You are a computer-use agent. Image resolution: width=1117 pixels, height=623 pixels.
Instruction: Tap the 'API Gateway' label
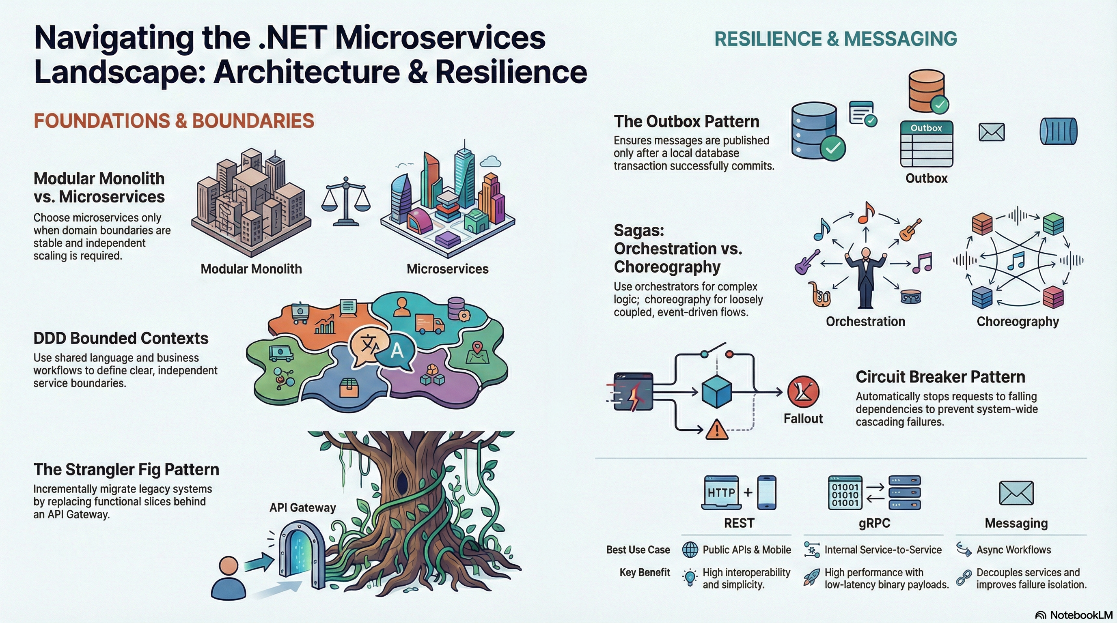[303, 507]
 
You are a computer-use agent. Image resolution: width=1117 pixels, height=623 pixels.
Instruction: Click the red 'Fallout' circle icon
[803, 392]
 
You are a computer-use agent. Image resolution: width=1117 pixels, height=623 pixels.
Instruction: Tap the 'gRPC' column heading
[874, 523]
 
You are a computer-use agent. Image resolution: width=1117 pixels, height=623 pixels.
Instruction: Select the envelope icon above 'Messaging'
[1016, 493]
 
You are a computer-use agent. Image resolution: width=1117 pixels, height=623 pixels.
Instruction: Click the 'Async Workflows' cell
[1013, 550]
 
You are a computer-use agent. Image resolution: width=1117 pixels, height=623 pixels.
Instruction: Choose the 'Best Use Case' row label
[638, 550]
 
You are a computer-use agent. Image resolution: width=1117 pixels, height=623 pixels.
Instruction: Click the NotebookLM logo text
[1081, 615]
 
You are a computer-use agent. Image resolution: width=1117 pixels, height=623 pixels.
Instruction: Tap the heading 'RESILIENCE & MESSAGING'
[836, 39]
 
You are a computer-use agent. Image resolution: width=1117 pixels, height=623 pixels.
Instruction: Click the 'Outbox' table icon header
[926, 128]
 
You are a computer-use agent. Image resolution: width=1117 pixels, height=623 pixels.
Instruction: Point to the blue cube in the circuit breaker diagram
[716, 391]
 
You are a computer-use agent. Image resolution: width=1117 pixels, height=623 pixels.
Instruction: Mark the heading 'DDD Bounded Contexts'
[121, 338]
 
